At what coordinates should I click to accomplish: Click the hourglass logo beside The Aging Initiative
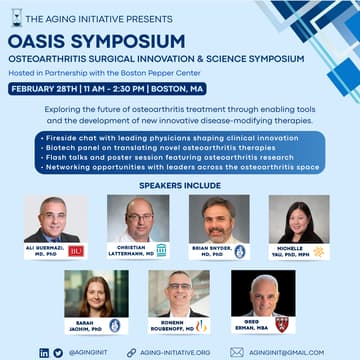[15, 17]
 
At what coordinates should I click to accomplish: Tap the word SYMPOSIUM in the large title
[129, 41]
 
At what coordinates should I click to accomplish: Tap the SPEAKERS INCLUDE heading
[179, 183]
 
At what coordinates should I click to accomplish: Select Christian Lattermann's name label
[132, 250]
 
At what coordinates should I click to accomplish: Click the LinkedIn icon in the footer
[43, 352]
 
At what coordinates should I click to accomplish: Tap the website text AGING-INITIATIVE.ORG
[175, 352]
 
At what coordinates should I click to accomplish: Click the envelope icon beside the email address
[237, 352]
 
